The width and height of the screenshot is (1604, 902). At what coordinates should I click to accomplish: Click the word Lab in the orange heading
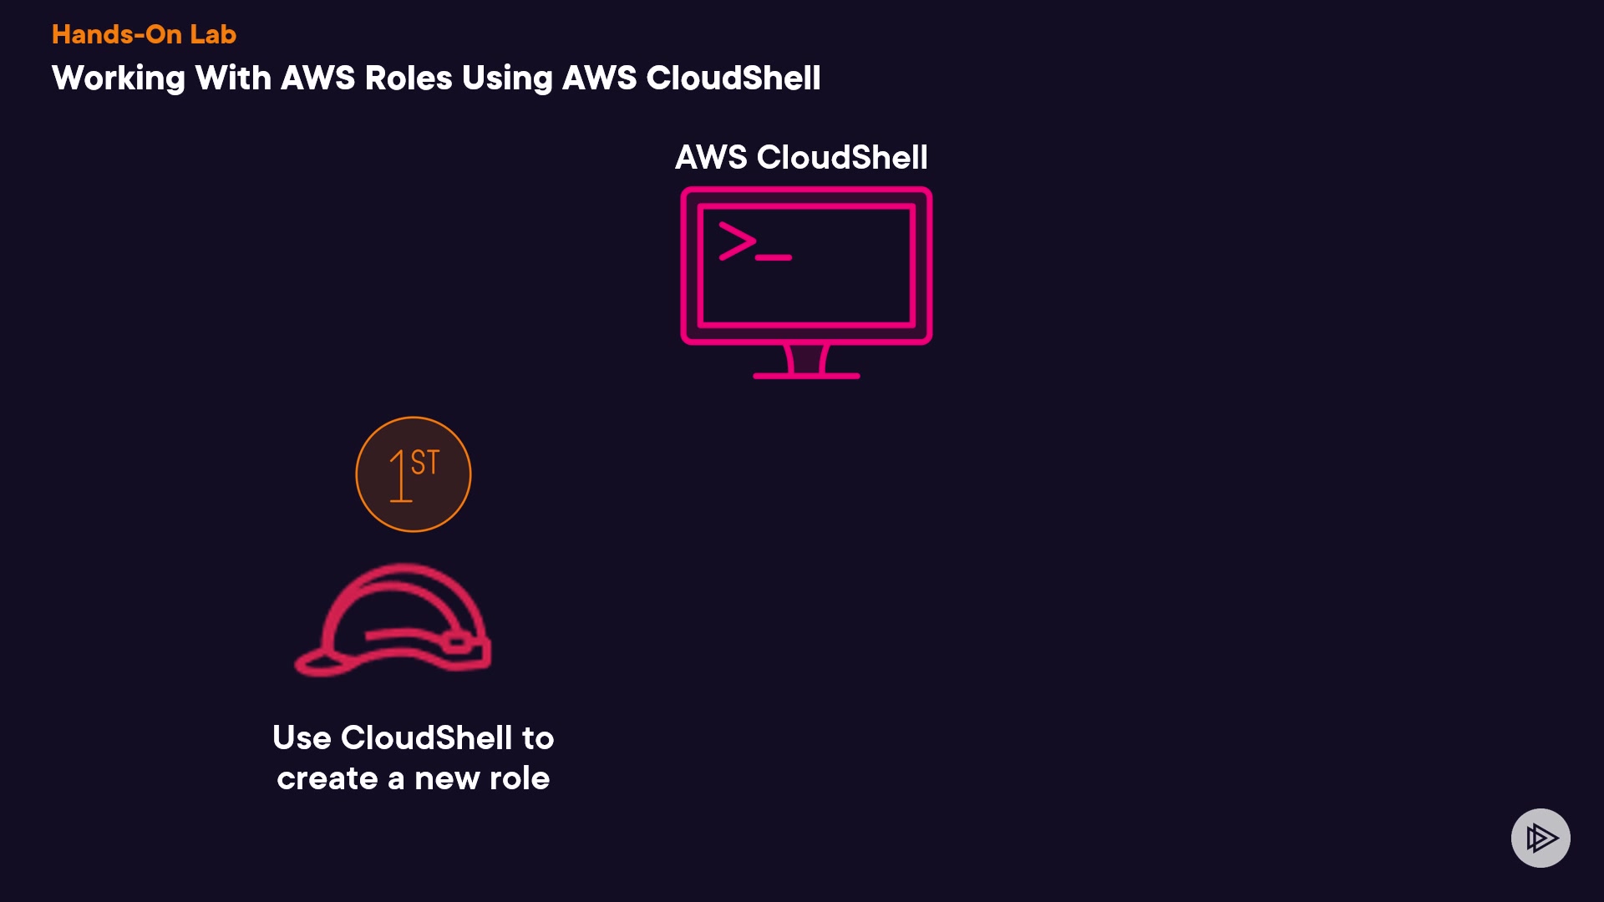pyautogui.click(x=213, y=34)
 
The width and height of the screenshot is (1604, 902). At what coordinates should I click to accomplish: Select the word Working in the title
pyautogui.click(x=119, y=79)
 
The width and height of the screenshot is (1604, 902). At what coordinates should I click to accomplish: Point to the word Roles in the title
pyautogui.click(x=409, y=79)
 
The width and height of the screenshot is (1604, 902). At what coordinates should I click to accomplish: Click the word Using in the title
pyautogui.click(x=507, y=79)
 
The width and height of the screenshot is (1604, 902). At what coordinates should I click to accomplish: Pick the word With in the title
pyautogui.click(x=233, y=79)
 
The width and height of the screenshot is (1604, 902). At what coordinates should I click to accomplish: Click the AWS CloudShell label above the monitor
pyautogui.click(x=801, y=157)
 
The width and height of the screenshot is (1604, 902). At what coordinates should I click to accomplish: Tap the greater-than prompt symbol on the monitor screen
pyautogui.click(x=737, y=241)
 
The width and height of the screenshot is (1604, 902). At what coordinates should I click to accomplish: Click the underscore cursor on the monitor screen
pyautogui.click(x=774, y=258)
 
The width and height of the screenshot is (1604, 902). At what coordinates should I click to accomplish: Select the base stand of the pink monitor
pyautogui.click(x=806, y=374)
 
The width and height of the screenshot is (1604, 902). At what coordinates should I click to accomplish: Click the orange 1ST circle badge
pyautogui.click(x=414, y=474)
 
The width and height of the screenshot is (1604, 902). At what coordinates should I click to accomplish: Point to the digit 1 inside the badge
pyautogui.click(x=399, y=477)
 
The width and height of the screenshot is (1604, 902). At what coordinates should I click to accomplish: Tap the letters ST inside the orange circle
pyautogui.click(x=425, y=463)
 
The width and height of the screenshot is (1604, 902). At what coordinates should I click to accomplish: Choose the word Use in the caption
pyautogui.click(x=302, y=738)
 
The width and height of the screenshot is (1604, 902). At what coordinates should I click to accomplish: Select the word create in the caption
pyautogui.click(x=327, y=779)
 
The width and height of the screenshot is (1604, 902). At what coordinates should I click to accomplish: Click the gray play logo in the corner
pyautogui.click(x=1541, y=838)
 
